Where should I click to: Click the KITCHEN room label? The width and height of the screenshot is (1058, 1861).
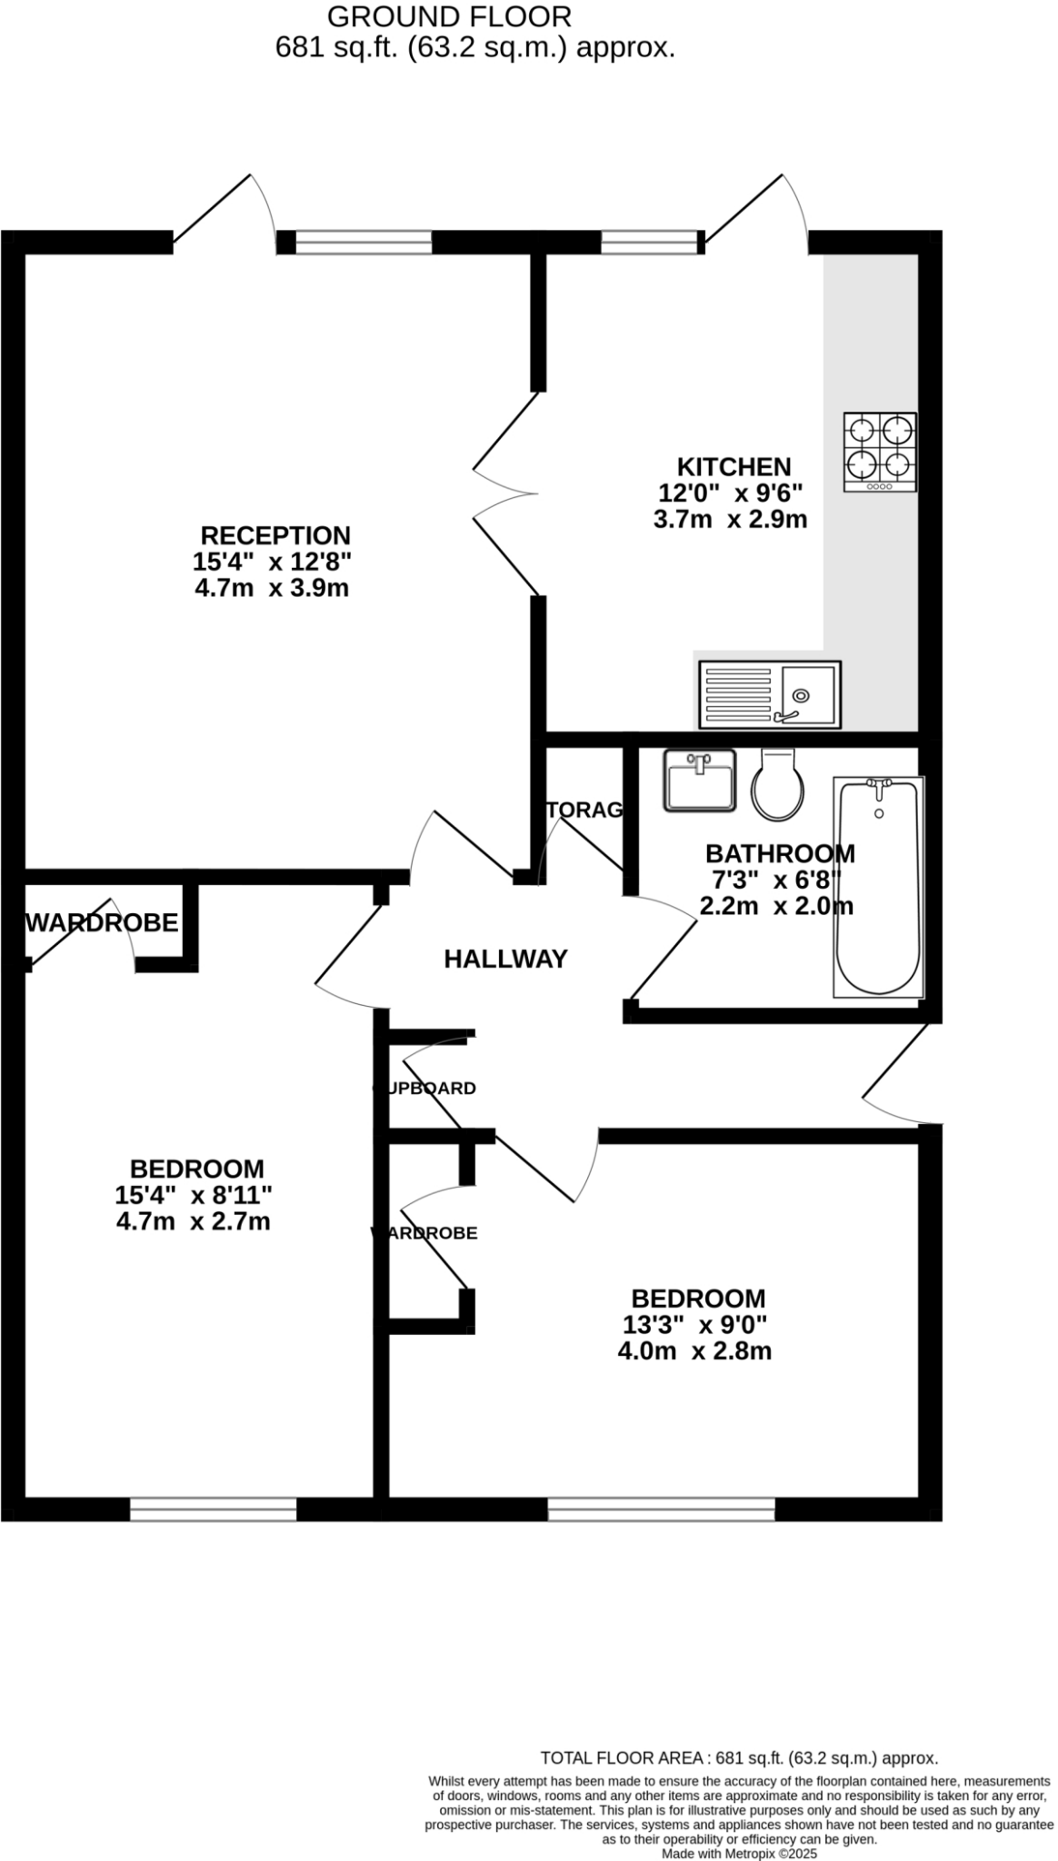pyautogui.click(x=734, y=467)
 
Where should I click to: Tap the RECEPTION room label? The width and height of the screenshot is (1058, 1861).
pyautogui.click(x=275, y=535)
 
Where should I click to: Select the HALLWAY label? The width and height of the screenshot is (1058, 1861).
pyautogui.click(x=505, y=959)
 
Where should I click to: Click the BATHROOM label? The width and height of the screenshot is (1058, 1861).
pyautogui.click(x=780, y=854)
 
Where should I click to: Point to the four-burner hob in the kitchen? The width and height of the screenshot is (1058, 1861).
pyautogui.click(x=879, y=452)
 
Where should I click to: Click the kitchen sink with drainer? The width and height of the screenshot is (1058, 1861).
pyautogui.click(x=769, y=694)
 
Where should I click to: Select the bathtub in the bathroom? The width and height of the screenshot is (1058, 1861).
pyautogui.click(x=878, y=886)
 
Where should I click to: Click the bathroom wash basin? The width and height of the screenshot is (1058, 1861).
pyautogui.click(x=699, y=780)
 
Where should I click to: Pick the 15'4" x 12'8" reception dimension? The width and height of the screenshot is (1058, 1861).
pyautogui.click(x=272, y=562)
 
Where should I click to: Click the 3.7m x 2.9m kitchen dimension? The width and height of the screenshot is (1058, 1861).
pyautogui.click(x=730, y=520)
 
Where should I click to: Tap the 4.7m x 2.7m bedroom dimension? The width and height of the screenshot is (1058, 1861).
pyautogui.click(x=194, y=1221)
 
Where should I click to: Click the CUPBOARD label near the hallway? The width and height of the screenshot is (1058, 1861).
pyautogui.click(x=424, y=1088)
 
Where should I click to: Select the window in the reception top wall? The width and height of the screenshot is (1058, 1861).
pyautogui.click(x=364, y=242)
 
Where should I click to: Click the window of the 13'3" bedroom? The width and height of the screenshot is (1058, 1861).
pyautogui.click(x=661, y=1510)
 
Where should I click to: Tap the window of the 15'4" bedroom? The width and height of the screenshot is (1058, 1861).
pyautogui.click(x=214, y=1510)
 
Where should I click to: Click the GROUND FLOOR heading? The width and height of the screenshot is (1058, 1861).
pyautogui.click(x=449, y=16)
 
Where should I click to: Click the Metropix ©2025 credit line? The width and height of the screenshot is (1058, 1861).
pyautogui.click(x=740, y=1853)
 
